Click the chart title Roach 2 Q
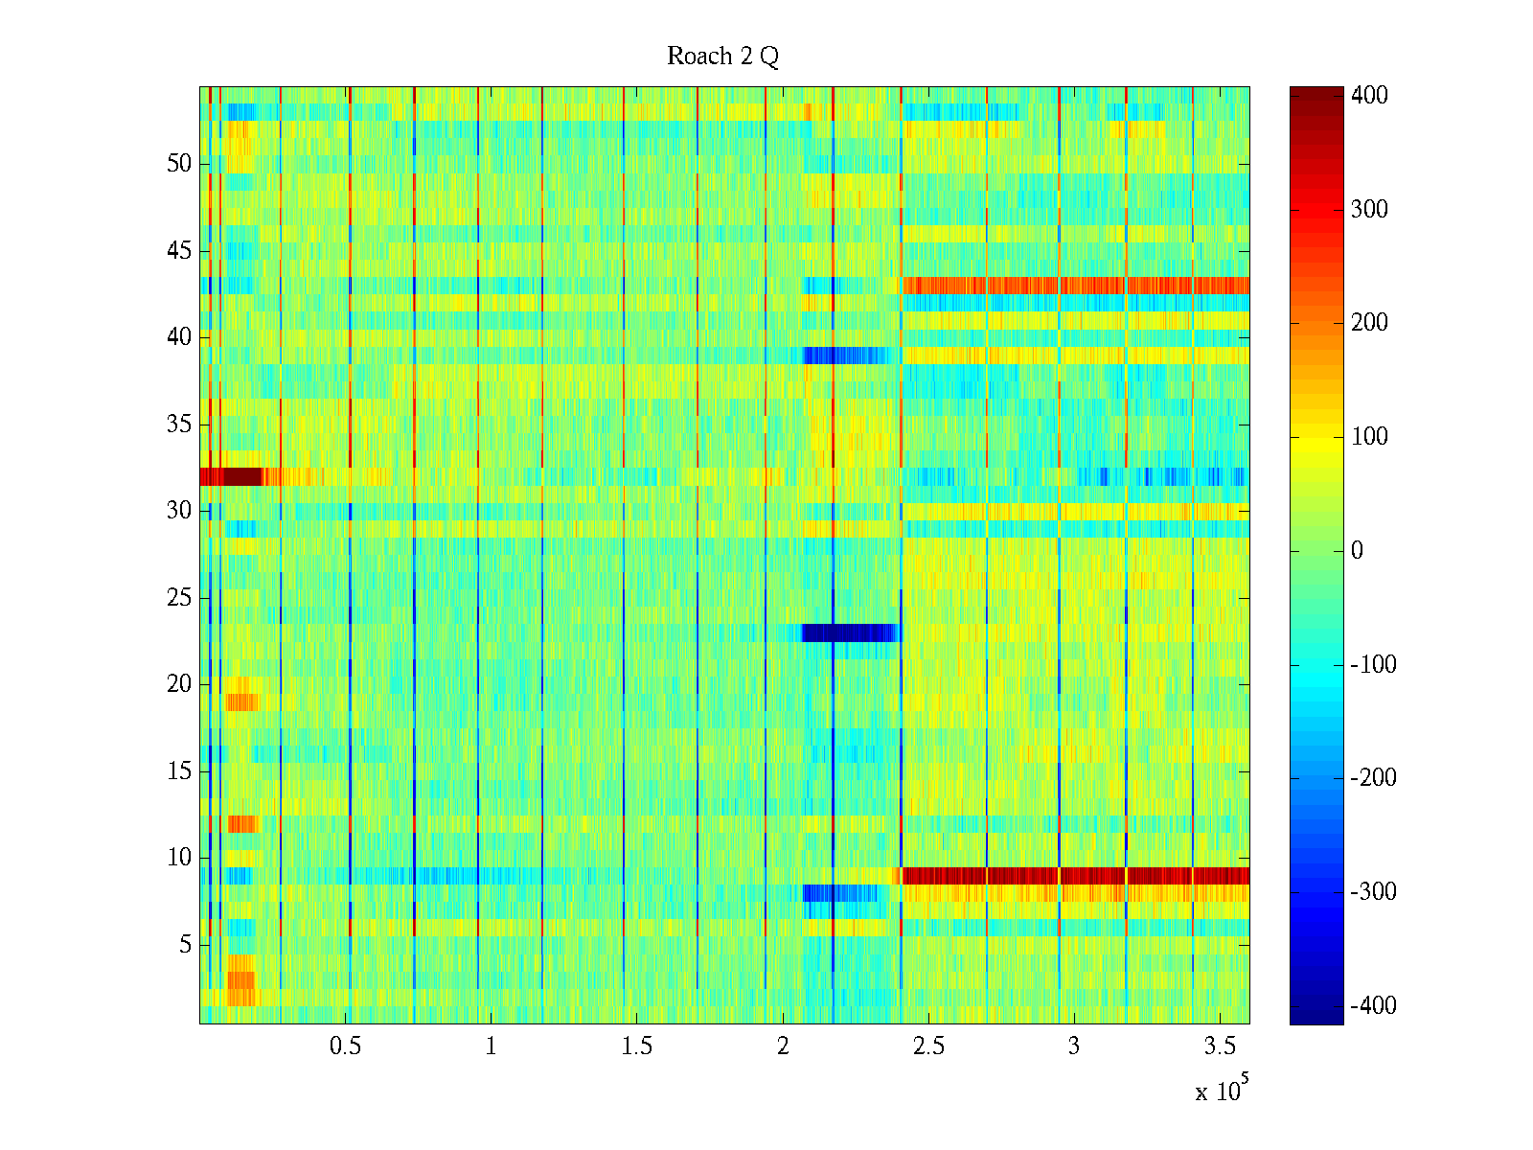click(722, 57)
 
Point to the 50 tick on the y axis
click(179, 164)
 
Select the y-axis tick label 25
click(179, 598)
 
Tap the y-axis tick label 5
click(185, 945)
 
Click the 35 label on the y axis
click(179, 425)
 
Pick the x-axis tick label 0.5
click(345, 1046)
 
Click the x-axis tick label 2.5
click(928, 1046)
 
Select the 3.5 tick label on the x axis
click(1220, 1046)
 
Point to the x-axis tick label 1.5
click(636, 1046)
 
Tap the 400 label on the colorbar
click(1369, 96)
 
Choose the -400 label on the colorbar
click(1373, 1006)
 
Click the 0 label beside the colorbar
click(1357, 551)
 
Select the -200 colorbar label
click(1373, 778)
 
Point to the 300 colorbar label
click(1369, 210)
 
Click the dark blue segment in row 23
click(849, 632)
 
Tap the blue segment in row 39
click(843, 356)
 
